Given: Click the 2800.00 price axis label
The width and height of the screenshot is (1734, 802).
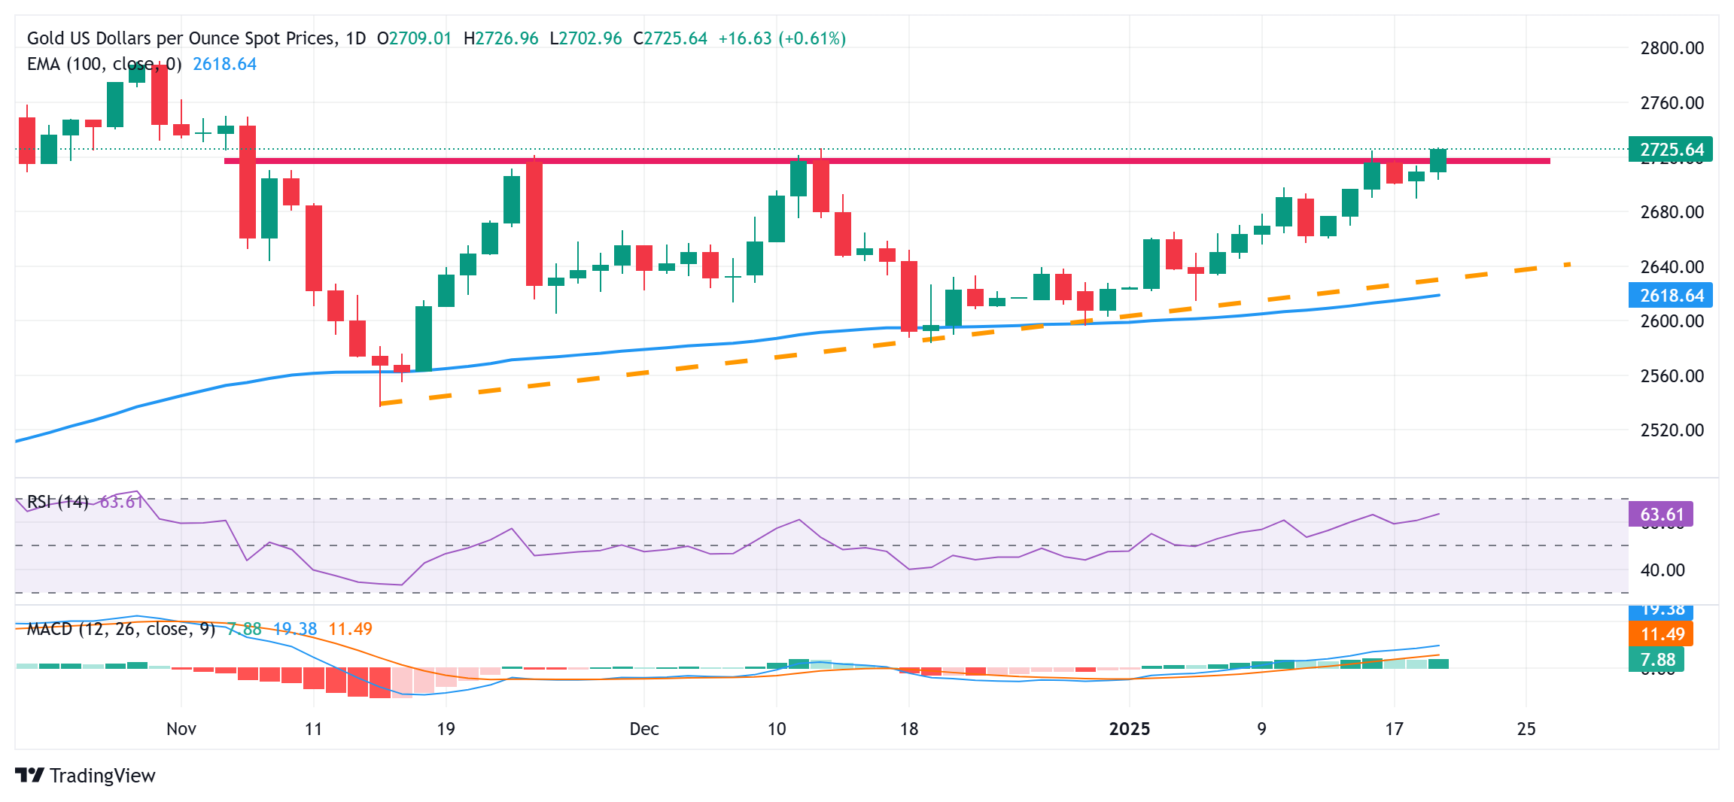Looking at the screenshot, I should tap(1672, 48).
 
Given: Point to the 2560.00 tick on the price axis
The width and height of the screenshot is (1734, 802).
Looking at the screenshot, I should tap(1672, 375).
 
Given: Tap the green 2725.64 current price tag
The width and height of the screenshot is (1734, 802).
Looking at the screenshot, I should tap(1670, 149).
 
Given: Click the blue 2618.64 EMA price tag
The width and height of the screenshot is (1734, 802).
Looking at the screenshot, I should tap(1670, 295).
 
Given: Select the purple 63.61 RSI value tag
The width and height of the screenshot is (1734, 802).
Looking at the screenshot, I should tap(1661, 515).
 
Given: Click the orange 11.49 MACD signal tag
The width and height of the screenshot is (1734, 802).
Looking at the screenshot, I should tap(1661, 633).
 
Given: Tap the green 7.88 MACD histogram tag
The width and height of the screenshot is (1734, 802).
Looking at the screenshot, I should tap(1656, 660).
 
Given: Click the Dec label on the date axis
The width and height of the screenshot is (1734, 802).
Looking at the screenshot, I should tap(644, 728).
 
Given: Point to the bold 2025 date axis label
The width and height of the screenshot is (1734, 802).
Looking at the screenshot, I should tap(1129, 728).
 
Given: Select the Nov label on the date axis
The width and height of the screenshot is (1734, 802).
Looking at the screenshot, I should tap(181, 728).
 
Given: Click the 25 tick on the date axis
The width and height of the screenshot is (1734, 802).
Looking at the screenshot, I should tap(1526, 728).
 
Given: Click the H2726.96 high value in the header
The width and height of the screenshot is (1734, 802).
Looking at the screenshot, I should tap(500, 38).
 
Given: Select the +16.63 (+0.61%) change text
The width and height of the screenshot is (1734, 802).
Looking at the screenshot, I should tap(782, 38).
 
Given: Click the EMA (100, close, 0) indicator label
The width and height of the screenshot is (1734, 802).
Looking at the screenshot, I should tap(104, 64).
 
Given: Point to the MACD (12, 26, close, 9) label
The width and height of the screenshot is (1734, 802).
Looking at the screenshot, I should tap(120, 629).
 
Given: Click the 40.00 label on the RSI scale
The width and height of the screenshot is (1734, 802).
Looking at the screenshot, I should tap(1662, 570).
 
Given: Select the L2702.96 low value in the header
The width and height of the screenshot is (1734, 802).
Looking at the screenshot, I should tap(586, 38).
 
